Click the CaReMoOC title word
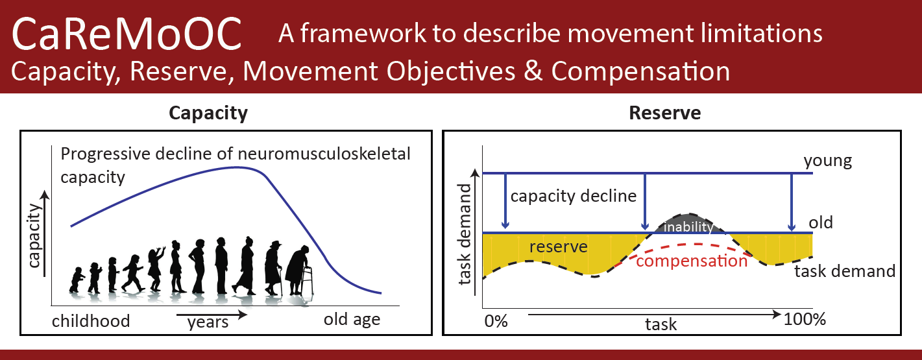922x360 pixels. pos(127,34)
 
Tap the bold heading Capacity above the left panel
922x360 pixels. pos(208,113)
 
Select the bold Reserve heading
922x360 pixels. pos(665,113)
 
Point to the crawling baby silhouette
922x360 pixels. pos(77,280)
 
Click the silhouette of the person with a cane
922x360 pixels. pos(273,268)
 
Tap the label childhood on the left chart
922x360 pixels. pos(91,321)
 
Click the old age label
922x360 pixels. pos(352,320)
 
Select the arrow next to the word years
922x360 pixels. pos(212,315)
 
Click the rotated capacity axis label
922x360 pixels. pos(34,235)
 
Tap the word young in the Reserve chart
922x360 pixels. pos(828,161)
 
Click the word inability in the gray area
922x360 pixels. pos(688,226)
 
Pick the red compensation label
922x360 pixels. pos(692,261)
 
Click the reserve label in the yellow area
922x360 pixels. pos(558,246)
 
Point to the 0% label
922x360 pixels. pos(496,321)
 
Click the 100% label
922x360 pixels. pos(805,319)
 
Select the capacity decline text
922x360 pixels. pos(574,196)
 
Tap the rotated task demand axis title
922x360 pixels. pos(465,234)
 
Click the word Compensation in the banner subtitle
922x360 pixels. pos(640,71)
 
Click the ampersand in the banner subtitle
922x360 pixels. pos(533,70)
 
